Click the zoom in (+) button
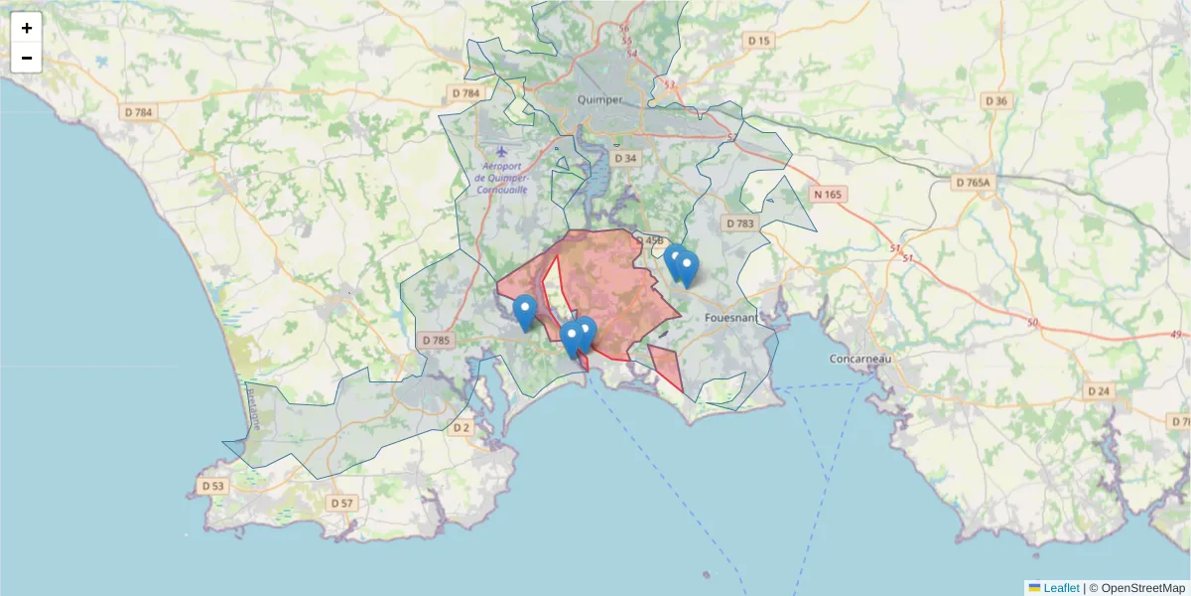[27, 28]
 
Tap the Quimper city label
[600, 100]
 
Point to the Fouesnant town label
[729, 318]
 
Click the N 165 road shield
[826, 194]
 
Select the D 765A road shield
[974, 183]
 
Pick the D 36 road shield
[995, 100]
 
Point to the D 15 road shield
[758, 41]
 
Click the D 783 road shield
[740, 223]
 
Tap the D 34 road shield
[625, 158]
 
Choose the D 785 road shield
[436, 340]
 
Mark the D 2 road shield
[461, 428]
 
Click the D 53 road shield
[212, 487]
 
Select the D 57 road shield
[340, 503]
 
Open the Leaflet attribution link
[1061, 588]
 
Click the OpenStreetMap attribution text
[1136, 588]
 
